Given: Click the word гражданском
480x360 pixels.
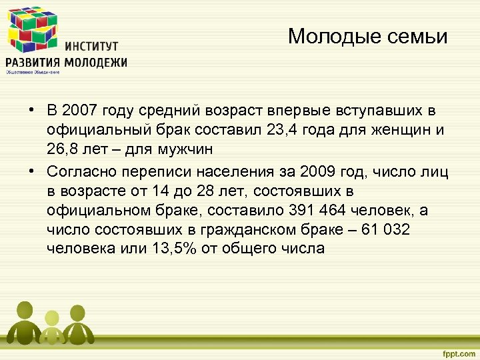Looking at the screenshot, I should point(233,229).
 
